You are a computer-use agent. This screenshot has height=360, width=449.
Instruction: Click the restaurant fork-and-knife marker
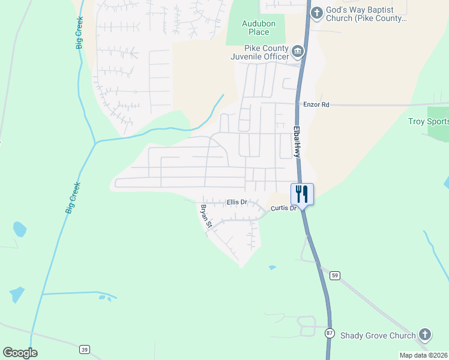coord(301,194)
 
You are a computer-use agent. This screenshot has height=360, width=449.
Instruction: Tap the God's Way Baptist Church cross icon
coord(316,12)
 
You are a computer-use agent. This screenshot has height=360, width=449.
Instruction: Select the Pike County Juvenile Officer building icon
coord(298,52)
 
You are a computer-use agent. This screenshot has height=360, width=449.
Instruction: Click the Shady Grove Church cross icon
coord(424,335)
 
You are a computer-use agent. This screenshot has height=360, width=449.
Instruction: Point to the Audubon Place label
coord(255,28)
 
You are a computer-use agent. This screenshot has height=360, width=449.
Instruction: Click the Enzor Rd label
coord(316,104)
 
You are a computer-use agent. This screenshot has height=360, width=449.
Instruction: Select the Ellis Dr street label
coord(237,202)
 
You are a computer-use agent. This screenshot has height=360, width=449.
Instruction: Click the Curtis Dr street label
coord(283,208)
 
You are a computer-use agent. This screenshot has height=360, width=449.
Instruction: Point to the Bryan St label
coord(206,217)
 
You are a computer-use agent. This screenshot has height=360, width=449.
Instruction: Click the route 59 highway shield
coord(335,275)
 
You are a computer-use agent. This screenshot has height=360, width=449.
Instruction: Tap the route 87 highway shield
coord(329,333)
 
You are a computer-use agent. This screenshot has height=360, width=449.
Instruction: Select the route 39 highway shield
coord(84,349)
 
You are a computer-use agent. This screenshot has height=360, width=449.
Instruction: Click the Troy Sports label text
coord(428,121)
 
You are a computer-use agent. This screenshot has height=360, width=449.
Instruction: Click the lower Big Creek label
coord(73,199)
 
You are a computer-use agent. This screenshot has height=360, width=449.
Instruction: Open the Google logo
coord(20,353)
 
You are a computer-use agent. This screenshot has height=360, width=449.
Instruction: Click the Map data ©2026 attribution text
coord(423,355)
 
